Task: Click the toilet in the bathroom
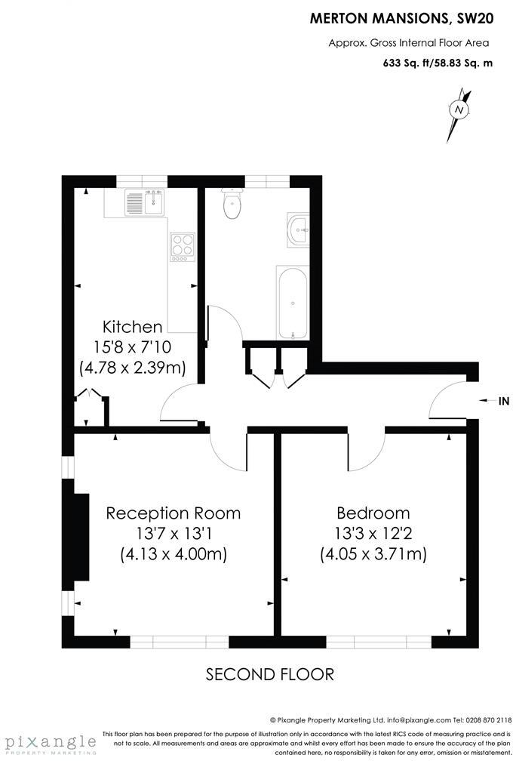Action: tap(232, 202)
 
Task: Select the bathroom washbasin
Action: tap(296, 228)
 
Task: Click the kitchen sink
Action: tap(145, 202)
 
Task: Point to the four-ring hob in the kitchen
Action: tap(181, 246)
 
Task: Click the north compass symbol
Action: tap(458, 111)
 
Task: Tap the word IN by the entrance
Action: tap(504, 402)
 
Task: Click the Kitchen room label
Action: tap(132, 327)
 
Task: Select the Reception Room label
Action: tap(174, 513)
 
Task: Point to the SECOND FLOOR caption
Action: tap(269, 674)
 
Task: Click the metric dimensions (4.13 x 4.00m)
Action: tap(174, 554)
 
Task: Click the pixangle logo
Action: tap(48, 741)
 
